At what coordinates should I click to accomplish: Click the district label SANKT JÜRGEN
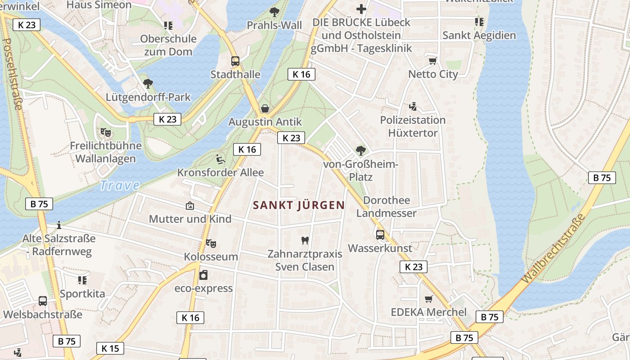[299, 205]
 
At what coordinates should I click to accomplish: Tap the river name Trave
[119, 185]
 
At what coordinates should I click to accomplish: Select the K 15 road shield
[110, 348]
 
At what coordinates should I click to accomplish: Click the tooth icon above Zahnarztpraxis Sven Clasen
[305, 240]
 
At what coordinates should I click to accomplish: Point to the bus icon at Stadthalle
[235, 61]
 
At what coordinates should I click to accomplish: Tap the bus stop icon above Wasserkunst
[380, 234]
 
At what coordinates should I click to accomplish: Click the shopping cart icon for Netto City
[432, 61]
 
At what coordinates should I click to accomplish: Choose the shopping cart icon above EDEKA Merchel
[428, 299]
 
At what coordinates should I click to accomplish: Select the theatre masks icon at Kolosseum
[211, 243]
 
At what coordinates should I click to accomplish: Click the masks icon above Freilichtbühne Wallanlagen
[106, 132]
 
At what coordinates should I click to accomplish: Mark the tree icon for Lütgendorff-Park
[148, 83]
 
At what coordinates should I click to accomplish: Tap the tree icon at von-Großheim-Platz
[360, 151]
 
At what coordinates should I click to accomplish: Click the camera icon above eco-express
[203, 274]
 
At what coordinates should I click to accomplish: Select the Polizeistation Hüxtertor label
[413, 126]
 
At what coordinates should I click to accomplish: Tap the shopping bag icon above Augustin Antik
[265, 108]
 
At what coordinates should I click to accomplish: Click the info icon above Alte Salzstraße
[58, 225]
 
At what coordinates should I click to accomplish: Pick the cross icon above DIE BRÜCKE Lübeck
[361, 9]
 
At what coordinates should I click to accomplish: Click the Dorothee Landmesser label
[386, 207]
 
